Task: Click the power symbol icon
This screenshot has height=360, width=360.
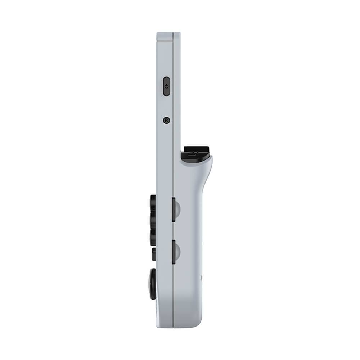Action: click(x=167, y=86)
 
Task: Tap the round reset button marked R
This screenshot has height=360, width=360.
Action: click(x=166, y=120)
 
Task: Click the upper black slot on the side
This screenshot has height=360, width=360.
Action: click(x=174, y=209)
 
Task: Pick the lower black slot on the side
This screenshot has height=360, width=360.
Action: click(x=174, y=252)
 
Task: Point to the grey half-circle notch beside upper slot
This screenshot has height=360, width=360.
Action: click(x=178, y=209)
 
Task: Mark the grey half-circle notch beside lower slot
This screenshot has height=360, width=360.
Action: click(x=178, y=252)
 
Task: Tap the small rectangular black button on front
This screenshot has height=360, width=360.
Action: click(x=154, y=254)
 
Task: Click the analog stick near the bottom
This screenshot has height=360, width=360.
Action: click(x=152, y=284)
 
